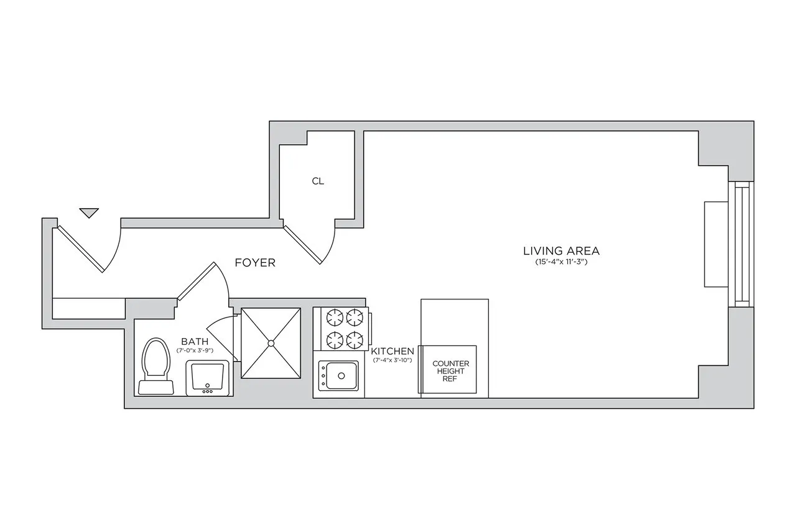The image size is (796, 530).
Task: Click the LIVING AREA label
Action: coord(561,251)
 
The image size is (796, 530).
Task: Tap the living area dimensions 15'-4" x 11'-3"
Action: coord(561,262)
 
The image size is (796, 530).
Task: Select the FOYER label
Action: coord(255,263)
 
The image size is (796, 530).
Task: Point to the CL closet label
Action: coord(318,181)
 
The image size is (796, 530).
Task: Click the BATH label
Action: coord(194,341)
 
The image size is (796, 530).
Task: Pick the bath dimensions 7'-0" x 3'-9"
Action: coord(194,350)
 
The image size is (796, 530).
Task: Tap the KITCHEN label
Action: coord(392,351)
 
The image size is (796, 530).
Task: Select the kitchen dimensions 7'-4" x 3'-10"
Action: coord(392,360)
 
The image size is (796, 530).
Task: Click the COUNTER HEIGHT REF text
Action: coord(450,371)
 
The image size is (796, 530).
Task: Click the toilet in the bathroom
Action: coord(155,367)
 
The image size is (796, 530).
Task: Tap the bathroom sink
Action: coord(208,378)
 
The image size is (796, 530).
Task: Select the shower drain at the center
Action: coord(271,342)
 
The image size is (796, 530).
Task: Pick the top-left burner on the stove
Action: coord(335,318)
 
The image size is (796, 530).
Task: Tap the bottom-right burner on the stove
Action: coord(354,339)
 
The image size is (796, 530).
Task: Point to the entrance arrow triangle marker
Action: coord(90,212)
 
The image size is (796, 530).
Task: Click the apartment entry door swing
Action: coord(87,249)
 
